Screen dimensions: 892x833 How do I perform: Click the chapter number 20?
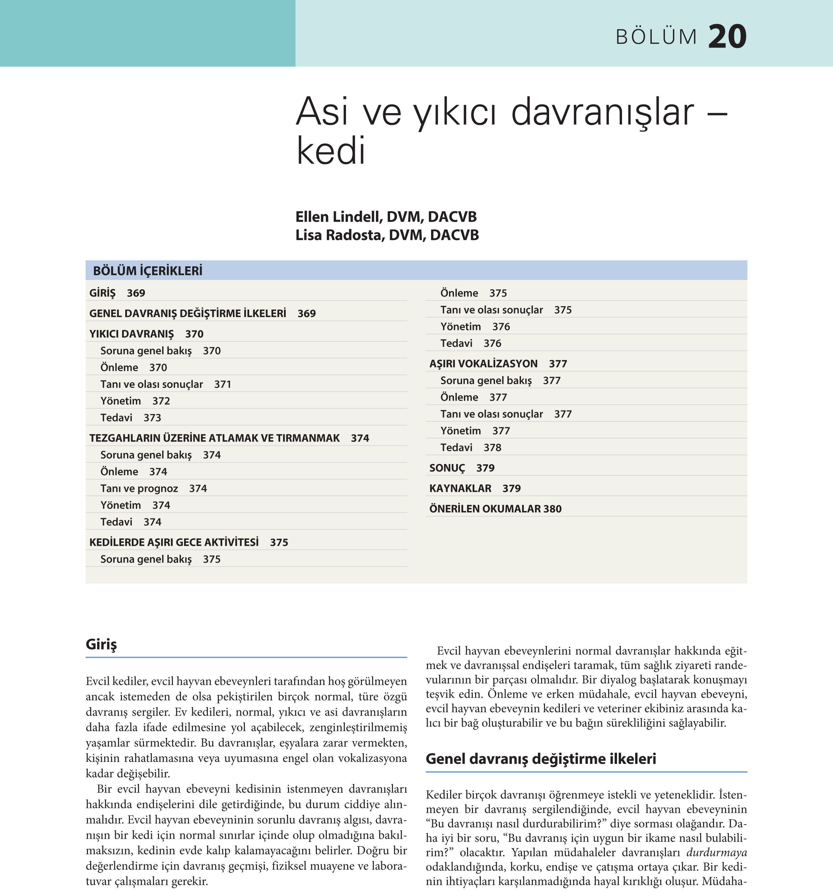[x=727, y=36]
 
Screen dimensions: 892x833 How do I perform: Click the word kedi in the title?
[x=331, y=151]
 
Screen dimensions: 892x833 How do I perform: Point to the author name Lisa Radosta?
[x=340, y=235]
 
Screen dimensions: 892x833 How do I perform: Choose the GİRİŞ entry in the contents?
[x=102, y=293]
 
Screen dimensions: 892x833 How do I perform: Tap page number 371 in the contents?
[x=222, y=384]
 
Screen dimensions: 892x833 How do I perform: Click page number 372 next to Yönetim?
[x=161, y=401]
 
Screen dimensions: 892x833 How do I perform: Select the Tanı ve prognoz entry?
[x=139, y=489]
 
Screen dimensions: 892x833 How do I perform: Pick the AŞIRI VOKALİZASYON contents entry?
[x=483, y=364]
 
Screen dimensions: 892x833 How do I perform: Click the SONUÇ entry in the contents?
[x=447, y=468]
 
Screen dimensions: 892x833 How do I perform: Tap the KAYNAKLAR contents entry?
[x=460, y=489]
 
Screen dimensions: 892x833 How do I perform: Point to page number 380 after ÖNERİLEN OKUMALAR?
[x=552, y=509]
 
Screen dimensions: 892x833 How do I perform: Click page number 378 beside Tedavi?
[x=492, y=448]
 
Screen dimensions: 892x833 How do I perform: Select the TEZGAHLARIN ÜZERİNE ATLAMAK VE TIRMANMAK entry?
[x=214, y=438]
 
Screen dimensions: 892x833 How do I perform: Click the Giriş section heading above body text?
[x=101, y=644]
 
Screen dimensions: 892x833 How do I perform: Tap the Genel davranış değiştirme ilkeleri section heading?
[x=541, y=759]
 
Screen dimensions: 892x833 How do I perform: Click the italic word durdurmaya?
[x=717, y=853]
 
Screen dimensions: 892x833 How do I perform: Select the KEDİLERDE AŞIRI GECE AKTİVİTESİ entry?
[x=174, y=542]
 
